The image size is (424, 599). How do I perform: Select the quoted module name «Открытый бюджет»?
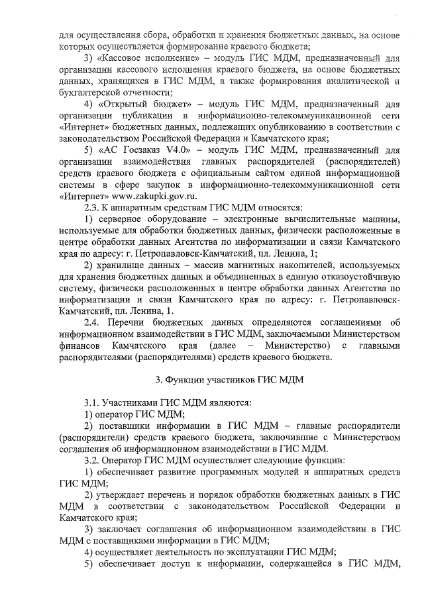point(142,104)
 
